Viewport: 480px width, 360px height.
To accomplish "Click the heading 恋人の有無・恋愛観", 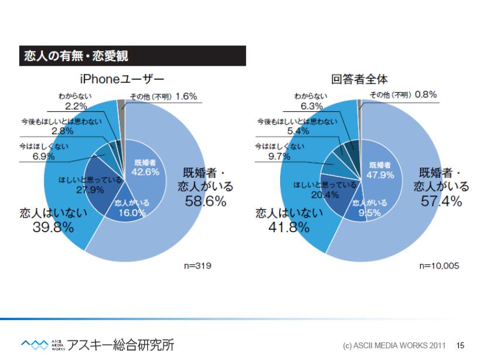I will click(76, 57).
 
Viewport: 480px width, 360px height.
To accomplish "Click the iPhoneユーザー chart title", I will click(122, 79).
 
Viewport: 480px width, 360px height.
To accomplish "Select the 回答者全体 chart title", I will click(359, 79).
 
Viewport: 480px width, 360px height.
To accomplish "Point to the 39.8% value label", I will click(53, 227).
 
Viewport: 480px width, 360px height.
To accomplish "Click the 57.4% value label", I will click(441, 201).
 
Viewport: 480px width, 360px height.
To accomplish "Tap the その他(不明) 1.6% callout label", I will click(170, 96).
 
